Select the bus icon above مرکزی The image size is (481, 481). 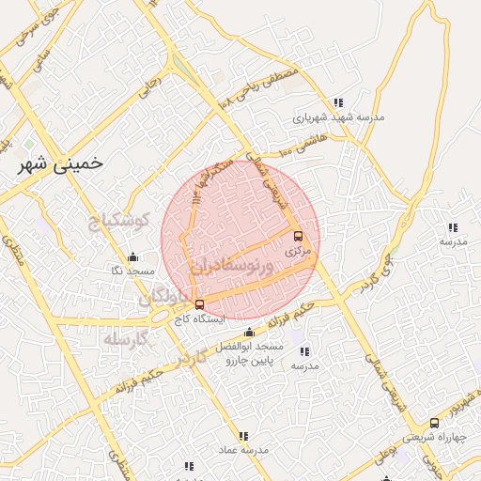pos(299,236)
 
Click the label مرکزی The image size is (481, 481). pos(298,252)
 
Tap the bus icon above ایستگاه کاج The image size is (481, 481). pos(198,304)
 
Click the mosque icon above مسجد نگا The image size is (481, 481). pos(132,256)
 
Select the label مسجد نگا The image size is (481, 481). pos(132,271)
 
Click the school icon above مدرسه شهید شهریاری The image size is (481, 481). pos(338,102)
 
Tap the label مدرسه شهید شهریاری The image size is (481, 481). pos(337,117)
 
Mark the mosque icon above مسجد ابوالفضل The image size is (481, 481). pos(249,332)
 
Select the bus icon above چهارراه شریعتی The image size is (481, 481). pos(433,423)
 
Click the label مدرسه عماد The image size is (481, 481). pos(243,451)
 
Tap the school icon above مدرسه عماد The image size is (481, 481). pos(244,436)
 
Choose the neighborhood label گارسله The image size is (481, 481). pos(126,338)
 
